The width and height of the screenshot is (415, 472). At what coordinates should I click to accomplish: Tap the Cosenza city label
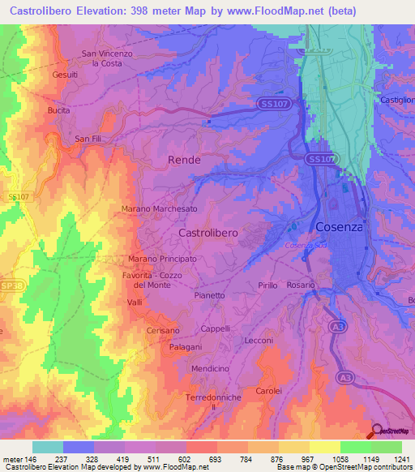point(339,226)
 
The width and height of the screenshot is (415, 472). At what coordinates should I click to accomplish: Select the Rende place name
point(184,160)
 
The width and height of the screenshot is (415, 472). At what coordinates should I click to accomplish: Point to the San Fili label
point(88,139)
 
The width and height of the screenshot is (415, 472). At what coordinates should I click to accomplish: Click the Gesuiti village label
point(65,74)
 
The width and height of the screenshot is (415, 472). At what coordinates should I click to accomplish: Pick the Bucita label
point(59,109)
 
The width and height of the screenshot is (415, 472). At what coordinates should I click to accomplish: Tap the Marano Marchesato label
point(159,208)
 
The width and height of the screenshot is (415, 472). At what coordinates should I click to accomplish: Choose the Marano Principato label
point(162,259)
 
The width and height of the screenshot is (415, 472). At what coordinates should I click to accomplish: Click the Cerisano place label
point(163,331)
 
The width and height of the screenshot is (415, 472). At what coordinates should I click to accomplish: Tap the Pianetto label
point(210,295)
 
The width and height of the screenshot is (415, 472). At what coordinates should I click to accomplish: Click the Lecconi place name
point(259,341)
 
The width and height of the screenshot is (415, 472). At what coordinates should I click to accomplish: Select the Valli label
point(135,302)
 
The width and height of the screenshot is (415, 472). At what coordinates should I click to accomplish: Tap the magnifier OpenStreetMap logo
point(376,431)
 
